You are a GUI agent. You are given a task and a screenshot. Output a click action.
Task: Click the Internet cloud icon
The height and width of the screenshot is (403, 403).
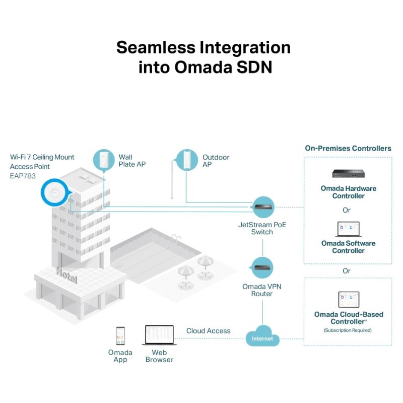click(262, 336)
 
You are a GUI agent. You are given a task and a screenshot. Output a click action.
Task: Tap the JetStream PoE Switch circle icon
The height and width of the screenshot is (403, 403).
click(263, 207)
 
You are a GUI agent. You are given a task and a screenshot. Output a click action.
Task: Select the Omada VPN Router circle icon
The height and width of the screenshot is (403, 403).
click(262, 268)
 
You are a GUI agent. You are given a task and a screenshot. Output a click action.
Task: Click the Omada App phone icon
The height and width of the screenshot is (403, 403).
click(120, 335)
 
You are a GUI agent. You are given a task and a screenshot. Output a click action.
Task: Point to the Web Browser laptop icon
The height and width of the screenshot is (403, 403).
click(159, 335)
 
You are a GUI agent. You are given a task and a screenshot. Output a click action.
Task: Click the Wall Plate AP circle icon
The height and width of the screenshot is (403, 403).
click(104, 160)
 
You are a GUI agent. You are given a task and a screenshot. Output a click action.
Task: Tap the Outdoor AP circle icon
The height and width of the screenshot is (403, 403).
click(186, 160)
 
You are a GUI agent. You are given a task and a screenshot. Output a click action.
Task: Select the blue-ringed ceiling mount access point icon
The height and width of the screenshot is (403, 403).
click(55, 192)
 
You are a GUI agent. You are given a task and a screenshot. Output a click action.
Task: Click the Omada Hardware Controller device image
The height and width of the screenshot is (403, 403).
click(348, 174)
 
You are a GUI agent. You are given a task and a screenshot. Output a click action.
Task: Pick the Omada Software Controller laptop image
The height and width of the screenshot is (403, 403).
click(349, 229)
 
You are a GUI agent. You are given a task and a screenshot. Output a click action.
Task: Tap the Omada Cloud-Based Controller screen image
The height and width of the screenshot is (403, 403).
click(349, 299)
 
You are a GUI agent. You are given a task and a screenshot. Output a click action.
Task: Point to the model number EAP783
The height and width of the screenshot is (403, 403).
click(23, 176)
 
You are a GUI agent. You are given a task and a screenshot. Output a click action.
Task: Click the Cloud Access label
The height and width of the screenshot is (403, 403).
click(208, 331)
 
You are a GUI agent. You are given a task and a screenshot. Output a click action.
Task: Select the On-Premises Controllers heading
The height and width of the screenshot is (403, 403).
click(348, 148)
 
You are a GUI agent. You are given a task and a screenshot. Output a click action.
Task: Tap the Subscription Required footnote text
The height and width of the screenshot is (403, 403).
click(348, 330)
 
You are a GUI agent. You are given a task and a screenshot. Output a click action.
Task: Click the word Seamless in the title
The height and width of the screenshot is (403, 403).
click(156, 47)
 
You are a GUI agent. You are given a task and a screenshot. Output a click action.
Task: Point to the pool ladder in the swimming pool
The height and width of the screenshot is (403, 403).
click(176, 238)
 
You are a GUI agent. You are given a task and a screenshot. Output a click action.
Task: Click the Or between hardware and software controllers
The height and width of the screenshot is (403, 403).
click(347, 210)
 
